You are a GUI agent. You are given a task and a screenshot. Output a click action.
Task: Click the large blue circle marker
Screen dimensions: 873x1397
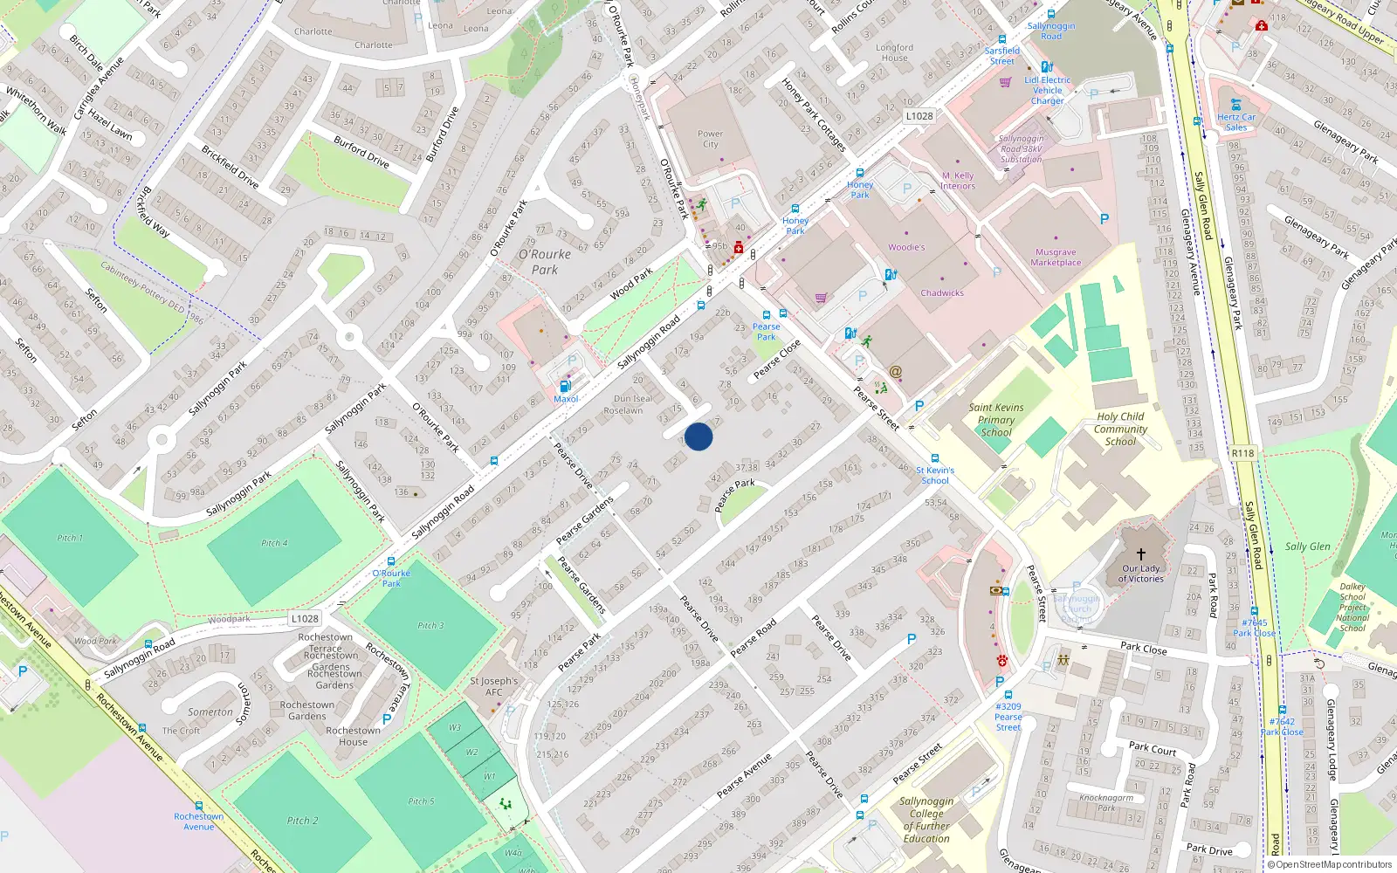coord(698,436)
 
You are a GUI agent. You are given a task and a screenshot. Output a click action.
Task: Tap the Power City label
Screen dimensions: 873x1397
coord(710,139)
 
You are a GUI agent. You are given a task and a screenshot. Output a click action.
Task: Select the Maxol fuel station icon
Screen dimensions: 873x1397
coord(565,386)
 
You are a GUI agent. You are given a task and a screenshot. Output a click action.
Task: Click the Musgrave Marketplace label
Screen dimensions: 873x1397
coord(1056,258)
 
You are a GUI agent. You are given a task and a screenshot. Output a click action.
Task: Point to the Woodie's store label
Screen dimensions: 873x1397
coord(906,247)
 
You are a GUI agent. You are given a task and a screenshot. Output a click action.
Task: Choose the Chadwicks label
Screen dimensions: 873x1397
coord(942,293)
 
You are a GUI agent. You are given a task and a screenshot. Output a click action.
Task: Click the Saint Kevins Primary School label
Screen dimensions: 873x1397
coord(995,419)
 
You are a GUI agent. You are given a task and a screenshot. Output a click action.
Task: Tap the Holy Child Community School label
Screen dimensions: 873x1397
coord(1120,429)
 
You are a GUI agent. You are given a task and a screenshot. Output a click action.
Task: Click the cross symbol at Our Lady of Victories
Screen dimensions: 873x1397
coord(1140,553)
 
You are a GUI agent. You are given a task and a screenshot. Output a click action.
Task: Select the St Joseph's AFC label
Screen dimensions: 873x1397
coord(493,686)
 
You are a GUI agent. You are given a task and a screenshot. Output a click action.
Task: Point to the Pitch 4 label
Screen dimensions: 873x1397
coord(274,543)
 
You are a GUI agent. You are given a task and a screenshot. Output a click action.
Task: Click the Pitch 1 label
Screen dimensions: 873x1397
coord(70,538)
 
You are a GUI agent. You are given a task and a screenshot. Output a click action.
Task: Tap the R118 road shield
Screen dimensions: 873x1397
coord(1242,453)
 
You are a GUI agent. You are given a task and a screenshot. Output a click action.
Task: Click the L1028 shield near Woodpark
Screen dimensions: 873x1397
coord(305,618)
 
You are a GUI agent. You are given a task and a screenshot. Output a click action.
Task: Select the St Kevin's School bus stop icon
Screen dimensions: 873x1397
coord(935,458)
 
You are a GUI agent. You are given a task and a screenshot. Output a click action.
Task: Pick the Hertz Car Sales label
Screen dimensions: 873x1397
coord(1236,121)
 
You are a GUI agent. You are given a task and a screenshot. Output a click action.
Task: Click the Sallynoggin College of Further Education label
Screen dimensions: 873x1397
coord(926,820)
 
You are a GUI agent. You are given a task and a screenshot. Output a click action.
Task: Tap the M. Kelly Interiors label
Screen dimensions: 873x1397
coord(958,181)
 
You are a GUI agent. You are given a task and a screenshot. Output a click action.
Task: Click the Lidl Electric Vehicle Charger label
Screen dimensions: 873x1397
coord(1048,90)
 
